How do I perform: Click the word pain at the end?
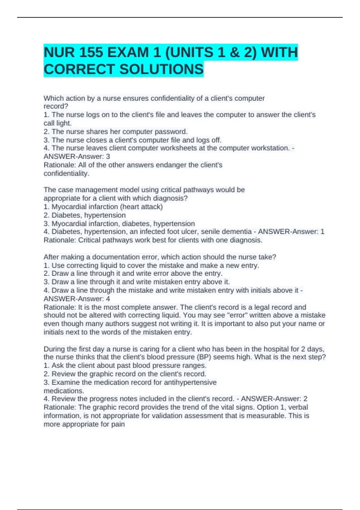pyautogui.click(x=118, y=424)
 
